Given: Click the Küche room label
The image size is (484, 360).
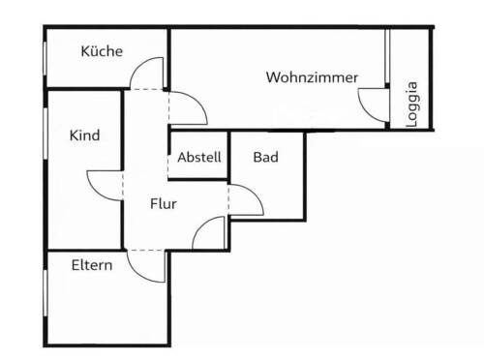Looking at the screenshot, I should [102, 51].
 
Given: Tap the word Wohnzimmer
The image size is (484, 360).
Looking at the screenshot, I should [313, 76].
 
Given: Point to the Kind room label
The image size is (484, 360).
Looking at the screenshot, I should [84, 135].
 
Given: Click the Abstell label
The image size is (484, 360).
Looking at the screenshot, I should [199, 157].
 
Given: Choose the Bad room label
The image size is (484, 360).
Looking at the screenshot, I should [266, 157].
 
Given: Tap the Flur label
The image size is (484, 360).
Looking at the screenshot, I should [163, 204].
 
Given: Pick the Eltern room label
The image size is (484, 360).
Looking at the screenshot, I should [92, 264].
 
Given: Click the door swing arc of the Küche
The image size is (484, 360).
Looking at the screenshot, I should [147, 72].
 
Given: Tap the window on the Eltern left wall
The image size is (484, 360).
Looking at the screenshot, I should [46, 296].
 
